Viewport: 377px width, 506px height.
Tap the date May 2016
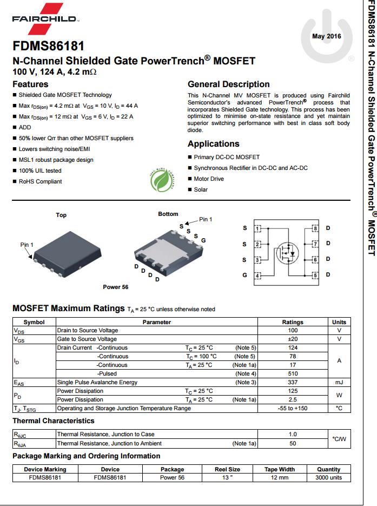(x=327, y=36)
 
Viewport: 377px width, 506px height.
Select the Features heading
(x=30, y=84)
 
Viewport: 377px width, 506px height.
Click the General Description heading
(x=228, y=84)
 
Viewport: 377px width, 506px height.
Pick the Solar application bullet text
(x=201, y=189)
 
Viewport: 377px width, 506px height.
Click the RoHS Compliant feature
(x=40, y=181)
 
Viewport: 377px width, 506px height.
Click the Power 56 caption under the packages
(x=115, y=287)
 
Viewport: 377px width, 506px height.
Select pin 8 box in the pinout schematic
(x=315, y=228)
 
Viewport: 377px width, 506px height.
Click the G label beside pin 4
(x=244, y=275)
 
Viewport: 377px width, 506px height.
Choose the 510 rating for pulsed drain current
(x=293, y=373)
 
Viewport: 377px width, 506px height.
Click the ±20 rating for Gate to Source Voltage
(x=293, y=339)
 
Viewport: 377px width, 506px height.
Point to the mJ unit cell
(x=339, y=382)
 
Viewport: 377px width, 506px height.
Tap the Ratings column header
(x=293, y=322)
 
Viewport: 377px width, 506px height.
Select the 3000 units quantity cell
(x=328, y=478)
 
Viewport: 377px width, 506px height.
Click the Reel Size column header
(x=227, y=469)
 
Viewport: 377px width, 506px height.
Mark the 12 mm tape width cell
(x=280, y=478)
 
